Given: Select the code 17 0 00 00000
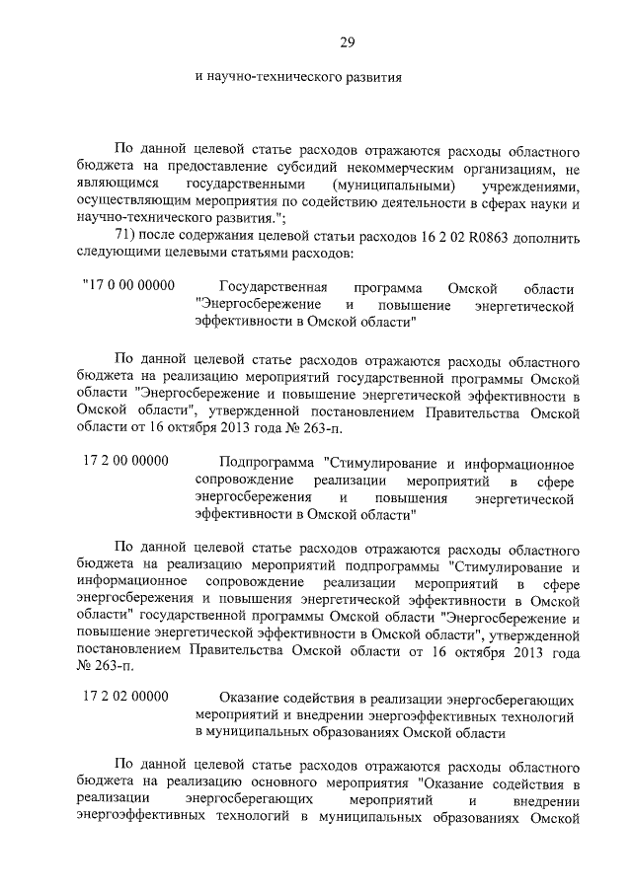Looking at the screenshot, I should coord(128,286).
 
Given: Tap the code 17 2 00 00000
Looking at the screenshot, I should coord(126,461).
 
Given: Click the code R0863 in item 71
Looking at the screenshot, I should coord(474,238).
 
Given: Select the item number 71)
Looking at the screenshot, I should coord(128,238).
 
